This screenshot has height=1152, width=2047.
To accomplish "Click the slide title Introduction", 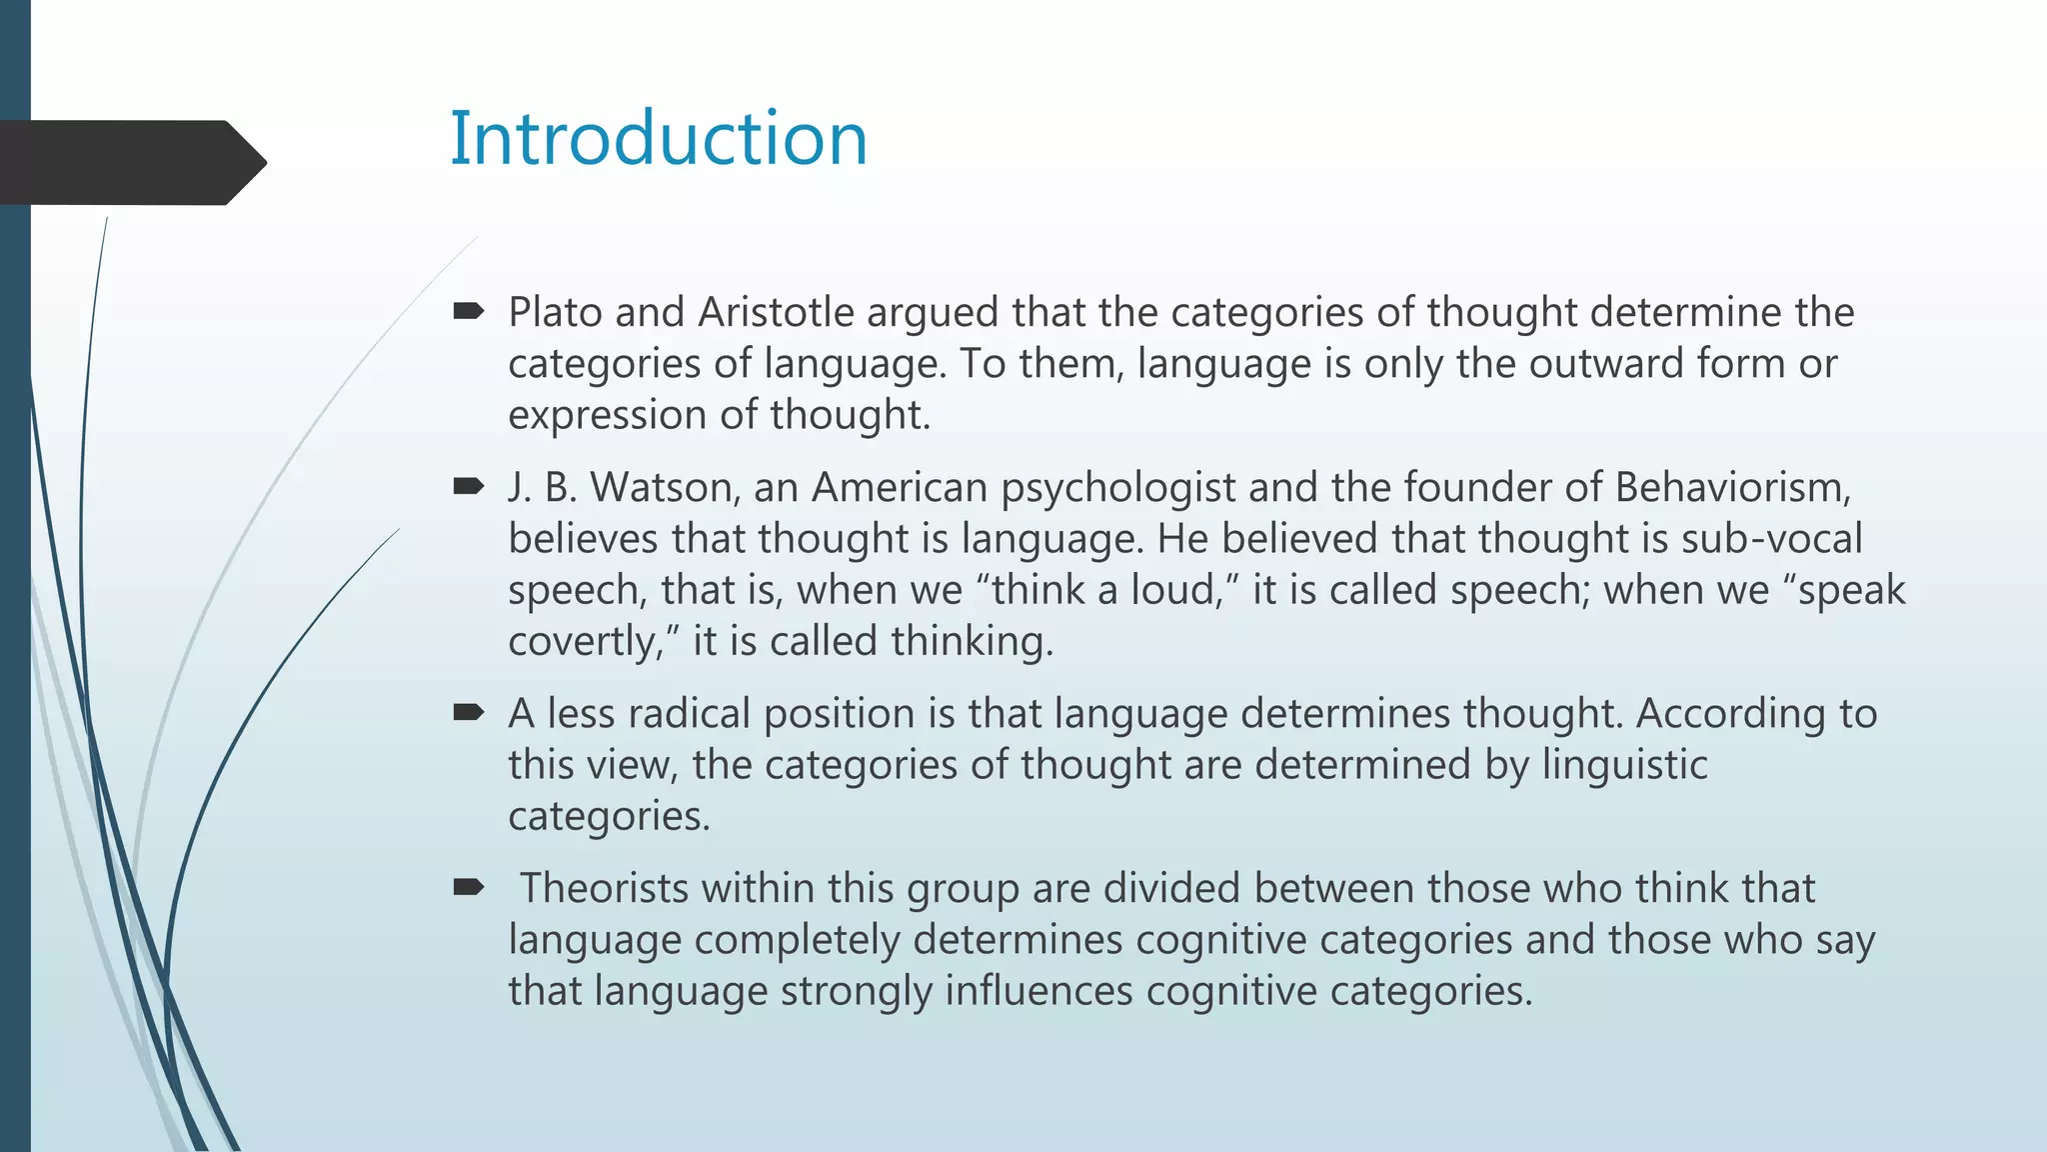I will coord(659,138).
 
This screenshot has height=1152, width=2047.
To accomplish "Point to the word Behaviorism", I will coord(1732,488).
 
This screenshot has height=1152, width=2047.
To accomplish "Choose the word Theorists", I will coord(605,889).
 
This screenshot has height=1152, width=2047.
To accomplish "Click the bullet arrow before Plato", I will coord(468,312).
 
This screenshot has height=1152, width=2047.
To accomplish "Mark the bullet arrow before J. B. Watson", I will coord(468,487).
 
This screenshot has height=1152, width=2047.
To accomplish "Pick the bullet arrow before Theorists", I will coord(468,888).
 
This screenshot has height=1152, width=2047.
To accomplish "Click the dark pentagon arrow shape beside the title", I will coord(130,162).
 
